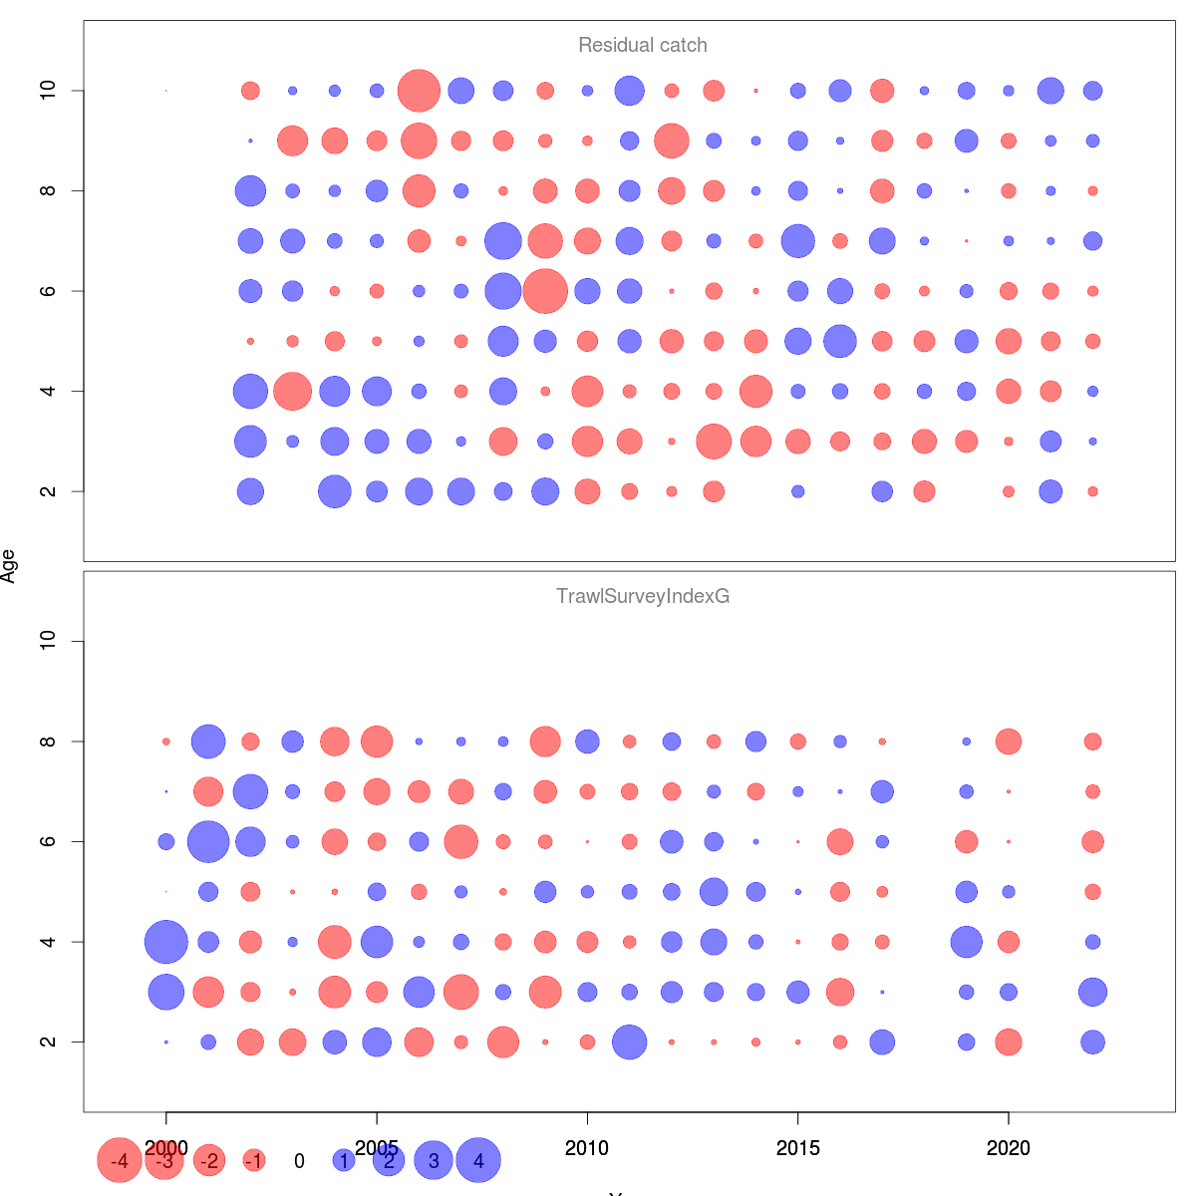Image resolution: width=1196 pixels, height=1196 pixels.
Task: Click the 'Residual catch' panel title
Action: pos(643,46)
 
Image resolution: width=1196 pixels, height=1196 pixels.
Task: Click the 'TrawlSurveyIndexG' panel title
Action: pos(643,597)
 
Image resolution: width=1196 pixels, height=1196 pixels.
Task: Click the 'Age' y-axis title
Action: pos(9,566)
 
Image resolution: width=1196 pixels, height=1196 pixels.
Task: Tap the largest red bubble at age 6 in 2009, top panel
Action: pos(545,291)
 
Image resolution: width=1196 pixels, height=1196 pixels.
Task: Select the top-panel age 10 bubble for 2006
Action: pos(419,91)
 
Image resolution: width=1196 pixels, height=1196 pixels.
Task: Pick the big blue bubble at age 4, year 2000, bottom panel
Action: pos(166,942)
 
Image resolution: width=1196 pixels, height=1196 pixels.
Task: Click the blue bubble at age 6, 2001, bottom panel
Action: pos(208,842)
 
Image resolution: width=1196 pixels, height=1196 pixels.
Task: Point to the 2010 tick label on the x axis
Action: pos(587,1149)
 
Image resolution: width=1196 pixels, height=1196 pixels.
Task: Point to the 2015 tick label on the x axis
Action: pos(797,1149)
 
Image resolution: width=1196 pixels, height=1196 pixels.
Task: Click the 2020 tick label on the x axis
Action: pos(1009,1149)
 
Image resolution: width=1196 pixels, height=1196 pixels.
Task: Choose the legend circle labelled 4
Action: pos(478,1161)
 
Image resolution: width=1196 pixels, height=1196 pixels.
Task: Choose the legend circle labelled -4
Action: pos(120,1161)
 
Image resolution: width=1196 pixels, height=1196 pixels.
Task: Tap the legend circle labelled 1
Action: pos(344,1161)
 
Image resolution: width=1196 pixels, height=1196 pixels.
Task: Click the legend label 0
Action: pos(299,1161)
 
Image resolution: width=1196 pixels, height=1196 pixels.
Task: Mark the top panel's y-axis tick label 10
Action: pos(48,91)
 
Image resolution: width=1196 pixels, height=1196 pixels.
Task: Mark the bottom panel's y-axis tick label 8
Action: pos(48,742)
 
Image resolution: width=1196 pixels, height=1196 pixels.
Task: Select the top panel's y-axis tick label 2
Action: pos(48,491)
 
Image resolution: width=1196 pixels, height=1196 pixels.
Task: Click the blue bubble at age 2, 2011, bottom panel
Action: pos(629,1043)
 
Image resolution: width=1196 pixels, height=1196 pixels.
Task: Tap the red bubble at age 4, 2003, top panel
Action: pos(292,391)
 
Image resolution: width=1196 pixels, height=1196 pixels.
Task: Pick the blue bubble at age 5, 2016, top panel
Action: pos(840,341)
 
